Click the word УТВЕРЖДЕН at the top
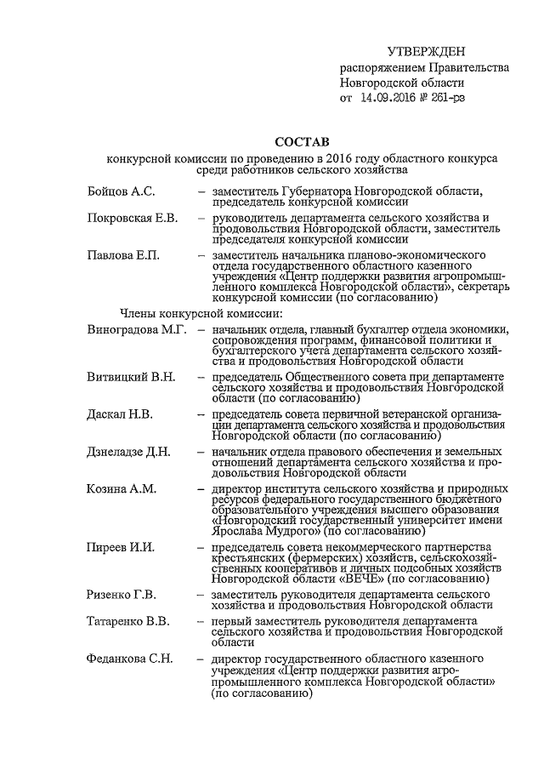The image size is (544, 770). coord(426,54)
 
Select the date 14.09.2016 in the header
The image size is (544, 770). coord(394,99)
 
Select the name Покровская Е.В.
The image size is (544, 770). coord(132,219)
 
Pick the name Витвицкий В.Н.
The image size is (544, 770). coord(130,376)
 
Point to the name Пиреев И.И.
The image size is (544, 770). coord(120,546)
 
